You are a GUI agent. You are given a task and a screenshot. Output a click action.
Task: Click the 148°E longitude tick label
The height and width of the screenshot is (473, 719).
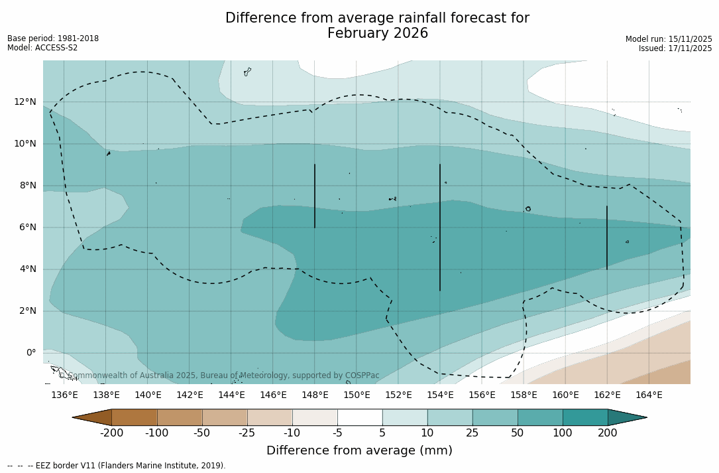coord(315,395)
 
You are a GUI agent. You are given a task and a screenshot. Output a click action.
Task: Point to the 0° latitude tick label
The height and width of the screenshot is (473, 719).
coord(30,353)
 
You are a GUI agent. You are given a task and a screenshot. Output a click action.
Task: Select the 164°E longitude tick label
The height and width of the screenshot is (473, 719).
coord(649,395)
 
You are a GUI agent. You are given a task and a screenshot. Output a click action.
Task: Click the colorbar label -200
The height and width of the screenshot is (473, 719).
coord(111,433)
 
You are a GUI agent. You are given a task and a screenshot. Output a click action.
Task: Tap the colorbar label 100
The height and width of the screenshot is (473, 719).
coord(563,433)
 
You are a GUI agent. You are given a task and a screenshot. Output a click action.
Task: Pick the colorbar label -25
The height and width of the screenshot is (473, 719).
coord(247,433)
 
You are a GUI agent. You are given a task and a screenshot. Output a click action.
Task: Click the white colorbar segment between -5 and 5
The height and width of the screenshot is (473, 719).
coord(360,417)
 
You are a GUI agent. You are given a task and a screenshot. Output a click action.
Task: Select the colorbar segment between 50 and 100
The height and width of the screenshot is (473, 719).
coord(540,417)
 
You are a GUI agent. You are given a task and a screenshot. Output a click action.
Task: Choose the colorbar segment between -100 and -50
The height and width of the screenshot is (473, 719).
coord(180,417)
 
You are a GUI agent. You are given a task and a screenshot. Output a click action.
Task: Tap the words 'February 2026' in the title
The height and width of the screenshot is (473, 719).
coord(378,34)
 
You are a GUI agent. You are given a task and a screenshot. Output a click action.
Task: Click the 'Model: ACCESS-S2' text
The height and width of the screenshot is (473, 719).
coord(42,48)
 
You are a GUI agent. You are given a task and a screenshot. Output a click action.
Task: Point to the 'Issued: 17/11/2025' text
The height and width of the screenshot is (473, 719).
coord(675,48)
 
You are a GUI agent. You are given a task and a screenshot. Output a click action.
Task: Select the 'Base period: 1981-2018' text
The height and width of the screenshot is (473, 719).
coord(53,38)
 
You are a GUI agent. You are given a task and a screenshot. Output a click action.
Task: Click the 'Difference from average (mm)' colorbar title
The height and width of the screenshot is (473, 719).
coord(359,451)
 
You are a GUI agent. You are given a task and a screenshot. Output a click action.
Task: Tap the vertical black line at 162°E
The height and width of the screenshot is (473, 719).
coord(607,237)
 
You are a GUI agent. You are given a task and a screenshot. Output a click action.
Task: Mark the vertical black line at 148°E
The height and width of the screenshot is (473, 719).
coord(315,196)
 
